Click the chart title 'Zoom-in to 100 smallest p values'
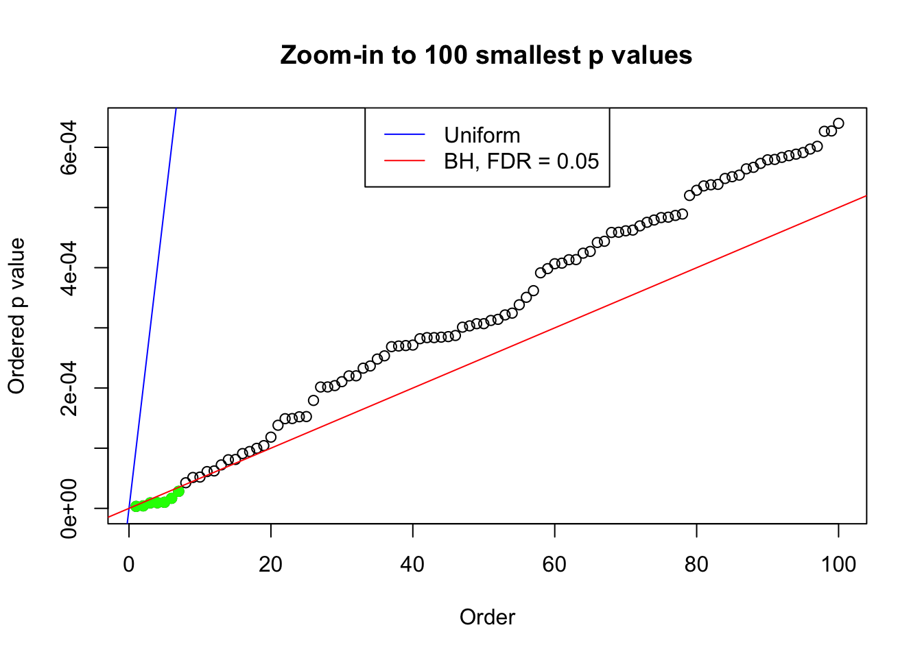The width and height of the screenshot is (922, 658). [486, 55]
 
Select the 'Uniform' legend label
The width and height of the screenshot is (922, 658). [482, 135]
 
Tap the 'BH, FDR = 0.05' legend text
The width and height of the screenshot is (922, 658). [521, 161]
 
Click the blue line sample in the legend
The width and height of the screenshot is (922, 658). [405, 135]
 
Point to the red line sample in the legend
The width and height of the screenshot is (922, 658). [405, 161]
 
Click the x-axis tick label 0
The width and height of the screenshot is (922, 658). [129, 565]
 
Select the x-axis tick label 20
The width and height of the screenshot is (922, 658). [271, 565]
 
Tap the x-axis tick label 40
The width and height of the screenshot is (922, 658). [413, 565]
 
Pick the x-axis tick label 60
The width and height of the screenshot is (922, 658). [554, 565]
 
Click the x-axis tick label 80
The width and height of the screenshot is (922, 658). [696, 565]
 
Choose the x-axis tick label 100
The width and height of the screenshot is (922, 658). [838, 565]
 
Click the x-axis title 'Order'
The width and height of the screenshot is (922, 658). [487, 618]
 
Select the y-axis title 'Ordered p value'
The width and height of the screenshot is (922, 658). [16, 316]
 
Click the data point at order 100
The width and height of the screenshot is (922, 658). [838, 123]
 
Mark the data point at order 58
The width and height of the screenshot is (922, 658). [541, 273]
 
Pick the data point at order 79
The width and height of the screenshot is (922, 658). [689, 195]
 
